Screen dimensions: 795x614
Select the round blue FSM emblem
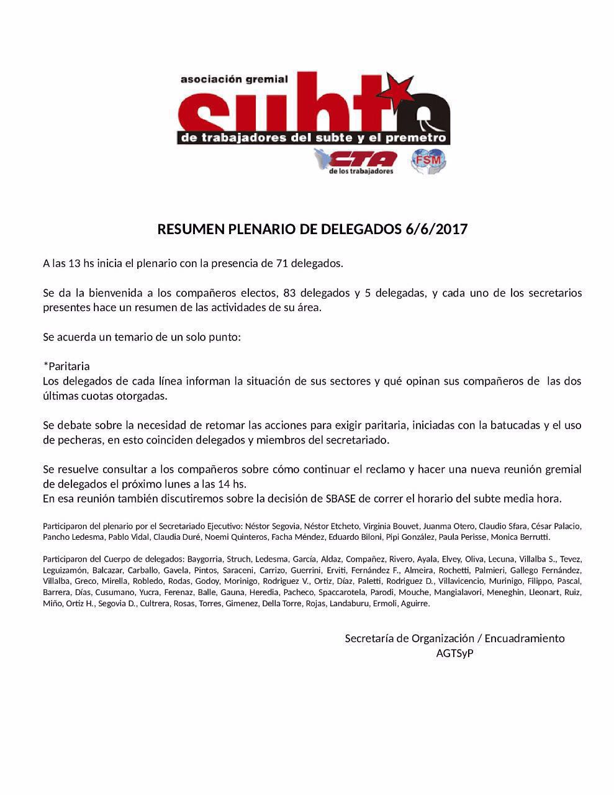pyautogui.click(x=428, y=161)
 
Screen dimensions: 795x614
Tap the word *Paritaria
pyautogui.click(x=66, y=366)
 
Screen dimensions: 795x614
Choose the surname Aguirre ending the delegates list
pyautogui.click(x=415, y=603)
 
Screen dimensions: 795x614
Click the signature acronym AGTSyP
pyautogui.click(x=454, y=653)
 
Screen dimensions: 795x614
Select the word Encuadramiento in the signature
pyautogui.click(x=525, y=638)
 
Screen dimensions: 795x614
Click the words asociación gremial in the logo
pyautogui.click(x=234, y=79)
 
